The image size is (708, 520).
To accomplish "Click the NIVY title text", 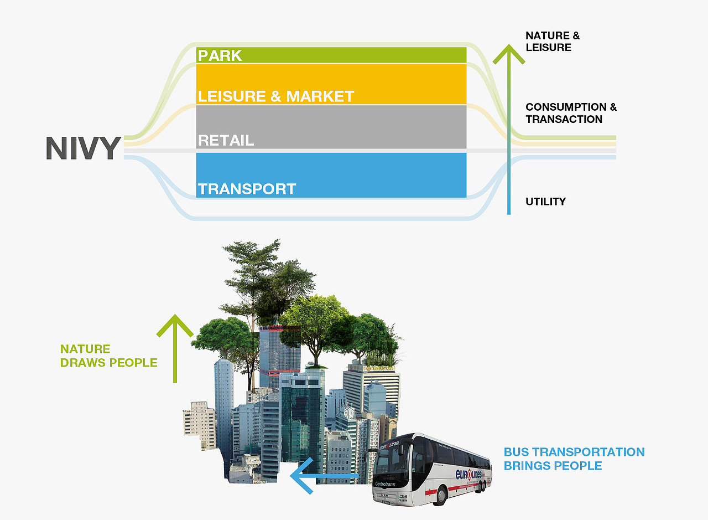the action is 84,148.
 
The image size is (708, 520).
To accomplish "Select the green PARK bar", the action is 331,55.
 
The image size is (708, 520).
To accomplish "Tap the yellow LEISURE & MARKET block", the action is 331,84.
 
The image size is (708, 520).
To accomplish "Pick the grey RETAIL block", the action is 331,127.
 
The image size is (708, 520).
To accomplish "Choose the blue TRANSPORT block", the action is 331,176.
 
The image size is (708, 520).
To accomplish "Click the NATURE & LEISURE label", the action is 553,42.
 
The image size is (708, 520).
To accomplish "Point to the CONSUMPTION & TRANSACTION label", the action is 571,113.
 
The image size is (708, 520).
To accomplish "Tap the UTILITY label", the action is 545,202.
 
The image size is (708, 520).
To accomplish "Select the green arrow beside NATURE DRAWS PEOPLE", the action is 175,348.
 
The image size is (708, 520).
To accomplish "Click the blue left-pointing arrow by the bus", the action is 324,476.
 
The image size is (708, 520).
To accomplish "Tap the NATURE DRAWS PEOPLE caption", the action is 109,356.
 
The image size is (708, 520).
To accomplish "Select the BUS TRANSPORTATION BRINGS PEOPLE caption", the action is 574,459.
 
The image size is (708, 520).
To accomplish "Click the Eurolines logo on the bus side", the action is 468,474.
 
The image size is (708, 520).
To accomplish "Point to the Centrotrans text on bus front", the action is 385,484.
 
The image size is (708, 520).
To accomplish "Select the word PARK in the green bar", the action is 220,56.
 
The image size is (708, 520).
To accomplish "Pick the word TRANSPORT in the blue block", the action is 247,189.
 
